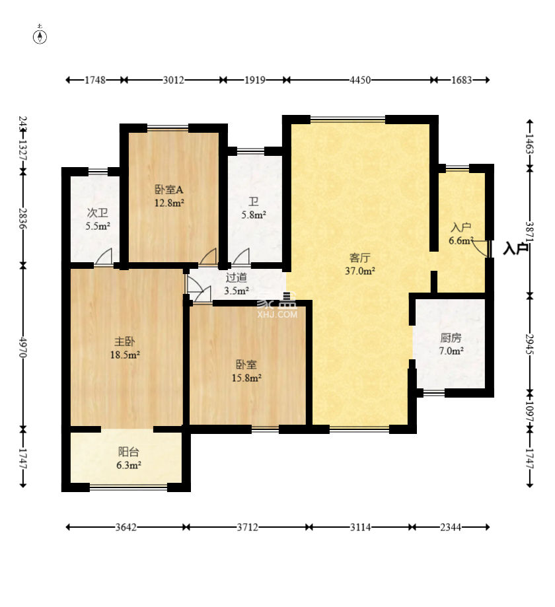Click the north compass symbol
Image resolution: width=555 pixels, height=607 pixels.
point(40,35)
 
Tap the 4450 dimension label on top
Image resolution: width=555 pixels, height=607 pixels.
point(360,80)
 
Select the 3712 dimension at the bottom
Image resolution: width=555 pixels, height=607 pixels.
point(248,527)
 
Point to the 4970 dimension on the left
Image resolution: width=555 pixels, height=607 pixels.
point(23,347)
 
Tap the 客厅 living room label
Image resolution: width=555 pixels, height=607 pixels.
point(360,258)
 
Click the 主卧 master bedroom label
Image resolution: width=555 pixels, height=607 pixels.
point(125,341)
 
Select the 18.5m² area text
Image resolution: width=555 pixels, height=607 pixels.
point(125,355)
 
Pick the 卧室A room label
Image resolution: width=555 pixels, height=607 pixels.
point(169,190)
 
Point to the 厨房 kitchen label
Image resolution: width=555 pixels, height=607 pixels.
point(451,338)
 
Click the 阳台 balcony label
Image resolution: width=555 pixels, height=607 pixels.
point(129,452)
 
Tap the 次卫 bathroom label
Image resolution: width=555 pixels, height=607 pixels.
point(98,213)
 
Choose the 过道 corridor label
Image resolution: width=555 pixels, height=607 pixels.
point(237,277)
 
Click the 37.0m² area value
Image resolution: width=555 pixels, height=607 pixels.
point(360,271)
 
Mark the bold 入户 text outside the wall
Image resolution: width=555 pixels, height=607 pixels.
point(516,248)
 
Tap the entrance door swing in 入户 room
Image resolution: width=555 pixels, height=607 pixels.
point(480,246)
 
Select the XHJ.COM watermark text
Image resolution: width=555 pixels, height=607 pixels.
point(277,314)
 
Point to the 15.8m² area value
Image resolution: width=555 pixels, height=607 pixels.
point(246,378)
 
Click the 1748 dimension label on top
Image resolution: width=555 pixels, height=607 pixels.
point(95,80)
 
